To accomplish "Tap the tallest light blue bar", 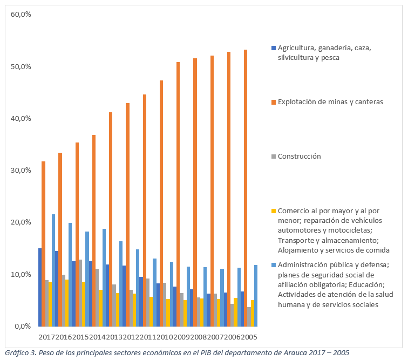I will click(x=53, y=270).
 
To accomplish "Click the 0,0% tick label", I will click(x=23, y=326).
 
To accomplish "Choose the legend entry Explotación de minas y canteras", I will click(x=330, y=101).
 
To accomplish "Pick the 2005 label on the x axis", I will click(x=250, y=337).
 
